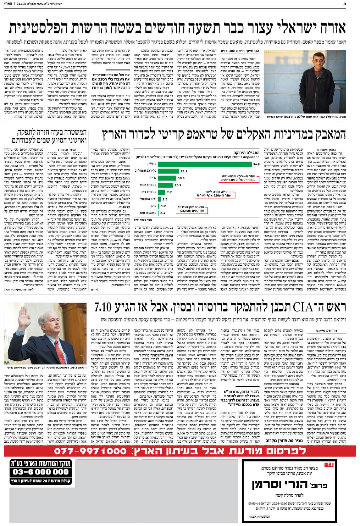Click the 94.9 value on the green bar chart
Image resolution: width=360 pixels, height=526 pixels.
click(256, 164)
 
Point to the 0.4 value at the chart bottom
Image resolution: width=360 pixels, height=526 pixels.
click(163, 213)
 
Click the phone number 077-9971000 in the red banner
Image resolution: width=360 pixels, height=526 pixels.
click(90, 451)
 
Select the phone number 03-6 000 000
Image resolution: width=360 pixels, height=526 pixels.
click(40, 472)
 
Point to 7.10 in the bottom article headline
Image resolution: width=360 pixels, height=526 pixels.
click(103, 307)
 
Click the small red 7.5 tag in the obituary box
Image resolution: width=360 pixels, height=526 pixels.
click(329, 464)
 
